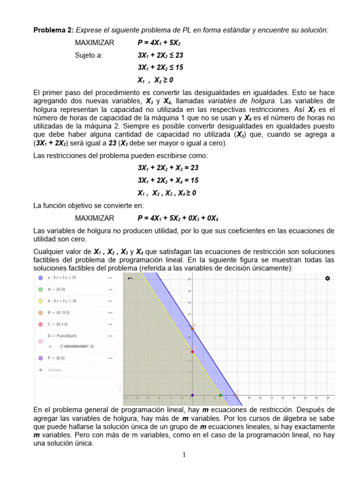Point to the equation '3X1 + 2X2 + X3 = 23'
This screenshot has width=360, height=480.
pos(168,168)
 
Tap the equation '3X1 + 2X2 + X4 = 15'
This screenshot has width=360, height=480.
pos(168,180)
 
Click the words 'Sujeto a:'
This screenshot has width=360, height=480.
pos(89,55)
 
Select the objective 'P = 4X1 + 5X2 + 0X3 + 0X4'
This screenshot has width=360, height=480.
pos(178,218)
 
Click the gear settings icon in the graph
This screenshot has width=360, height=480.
pos(328,278)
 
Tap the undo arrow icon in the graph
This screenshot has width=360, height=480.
pos(130,278)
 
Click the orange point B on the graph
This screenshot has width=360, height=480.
pos(192,329)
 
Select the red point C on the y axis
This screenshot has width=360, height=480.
pos(192,352)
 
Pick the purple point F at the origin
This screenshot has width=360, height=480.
pos(192,395)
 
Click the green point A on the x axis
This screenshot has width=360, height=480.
pos(221,395)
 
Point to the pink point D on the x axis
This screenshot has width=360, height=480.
pos(236,395)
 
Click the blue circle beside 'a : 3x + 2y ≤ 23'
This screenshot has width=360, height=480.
pos(40,277)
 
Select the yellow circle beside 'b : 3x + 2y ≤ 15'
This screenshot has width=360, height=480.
pos(40,300)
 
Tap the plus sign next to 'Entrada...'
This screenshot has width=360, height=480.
pos(40,369)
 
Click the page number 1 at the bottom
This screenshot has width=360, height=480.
pos(184,454)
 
